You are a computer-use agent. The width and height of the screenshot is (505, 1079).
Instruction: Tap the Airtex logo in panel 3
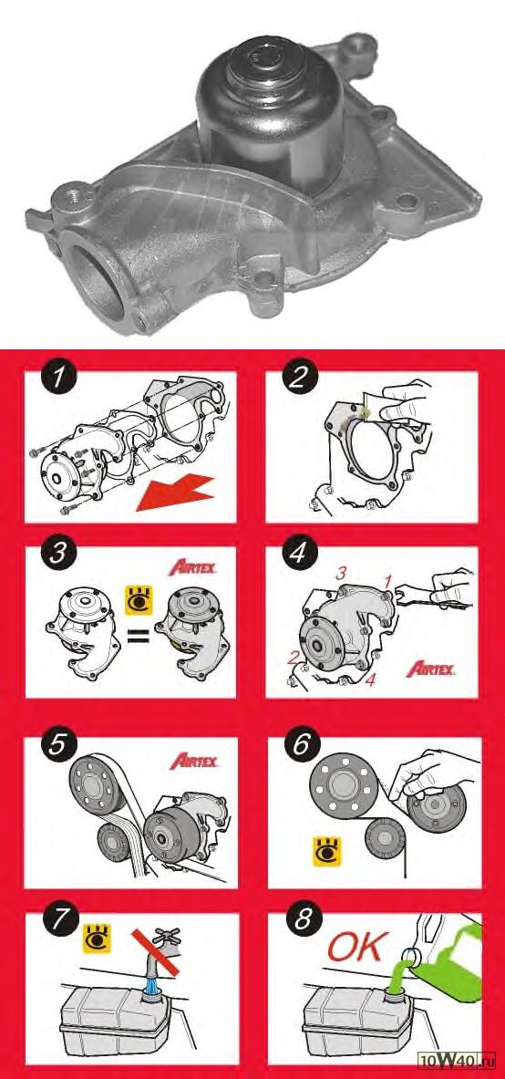(193, 568)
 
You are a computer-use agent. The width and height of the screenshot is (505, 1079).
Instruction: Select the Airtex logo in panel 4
(430, 669)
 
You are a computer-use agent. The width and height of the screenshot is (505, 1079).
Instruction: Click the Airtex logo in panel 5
(194, 761)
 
